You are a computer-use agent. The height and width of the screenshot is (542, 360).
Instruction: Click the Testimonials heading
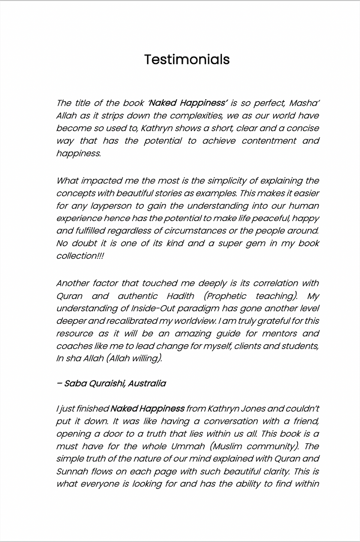tap(187, 59)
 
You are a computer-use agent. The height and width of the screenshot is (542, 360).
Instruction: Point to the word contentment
tap(269, 141)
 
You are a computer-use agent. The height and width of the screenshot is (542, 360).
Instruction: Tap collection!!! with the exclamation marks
tap(80, 256)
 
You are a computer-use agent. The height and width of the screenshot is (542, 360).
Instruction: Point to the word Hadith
tap(180, 296)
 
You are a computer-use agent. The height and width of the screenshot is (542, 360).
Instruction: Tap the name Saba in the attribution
tap(73, 383)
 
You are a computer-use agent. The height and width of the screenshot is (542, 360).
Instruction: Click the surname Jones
tap(253, 409)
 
